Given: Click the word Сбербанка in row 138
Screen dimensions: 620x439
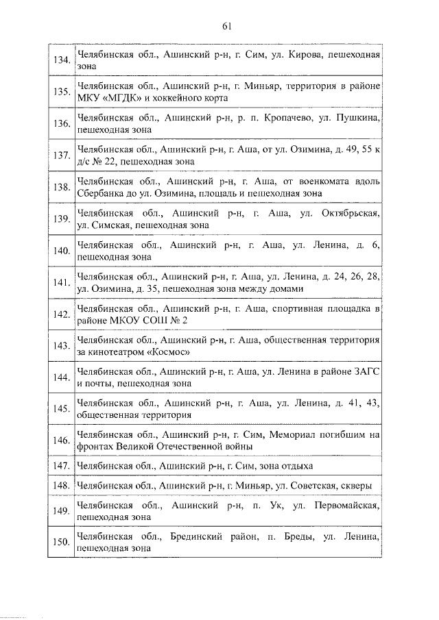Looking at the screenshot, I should (x=100, y=193).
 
